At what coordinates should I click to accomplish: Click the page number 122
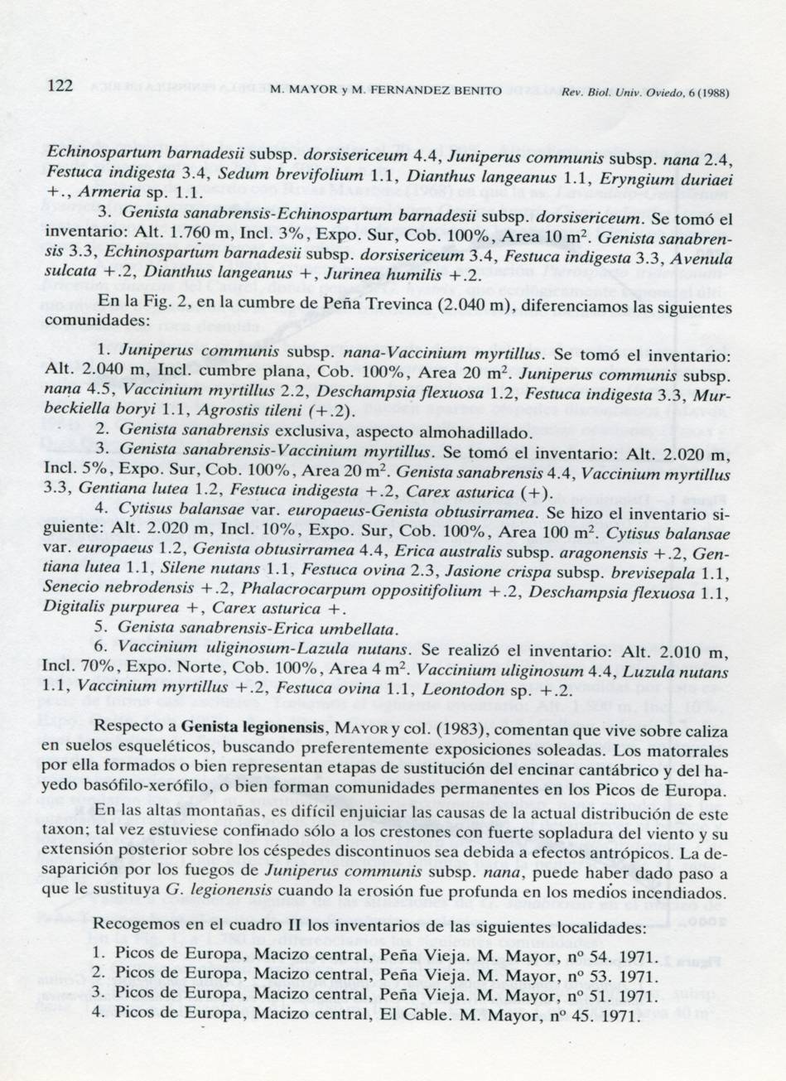click(x=60, y=86)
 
